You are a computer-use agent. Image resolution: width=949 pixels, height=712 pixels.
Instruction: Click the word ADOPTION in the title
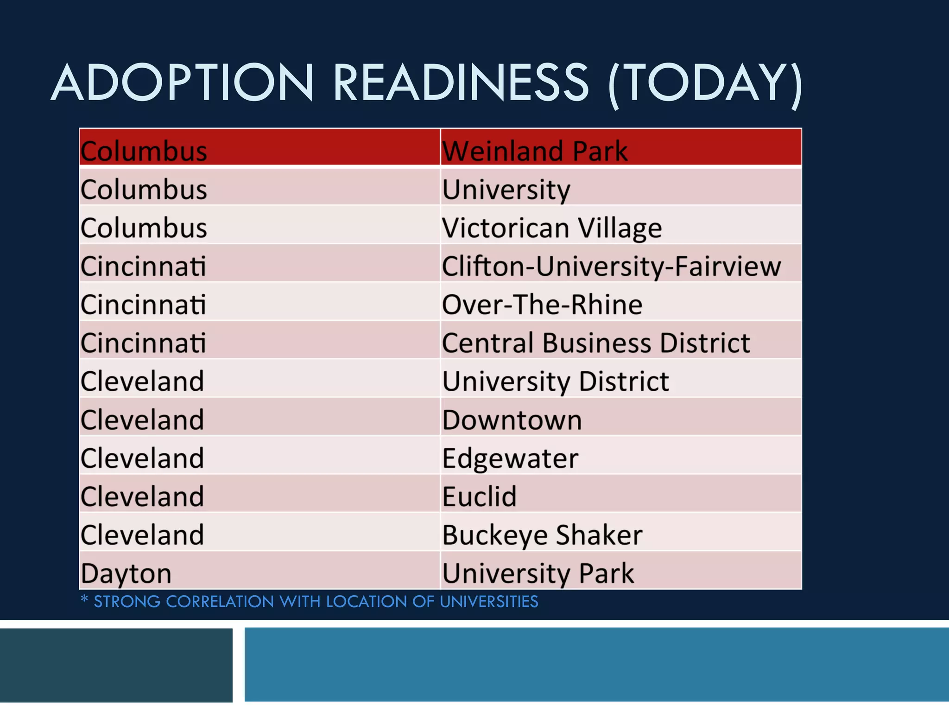tap(183, 83)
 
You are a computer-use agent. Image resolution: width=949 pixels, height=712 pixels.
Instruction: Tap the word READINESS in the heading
tap(461, 83)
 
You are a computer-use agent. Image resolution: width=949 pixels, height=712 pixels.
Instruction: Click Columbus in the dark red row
tap(144, 151)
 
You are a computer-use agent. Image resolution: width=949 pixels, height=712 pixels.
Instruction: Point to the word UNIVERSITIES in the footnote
tap(489, 602)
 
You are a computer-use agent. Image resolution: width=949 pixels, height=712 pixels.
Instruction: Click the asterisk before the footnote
tap(84, 599)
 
